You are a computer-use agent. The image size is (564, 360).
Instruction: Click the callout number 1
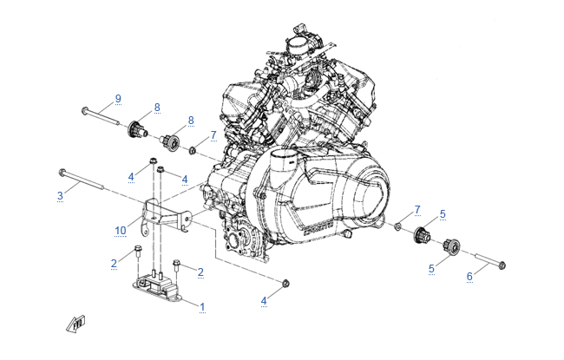(202, 307)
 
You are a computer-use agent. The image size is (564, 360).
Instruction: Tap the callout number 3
(60, 196)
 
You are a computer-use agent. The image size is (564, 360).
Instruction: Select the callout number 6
(469, 276)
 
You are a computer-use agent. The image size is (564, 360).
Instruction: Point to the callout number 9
(118, 99)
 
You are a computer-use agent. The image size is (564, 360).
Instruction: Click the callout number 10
(121, 231)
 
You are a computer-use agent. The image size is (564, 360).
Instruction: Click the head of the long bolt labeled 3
(62, 173)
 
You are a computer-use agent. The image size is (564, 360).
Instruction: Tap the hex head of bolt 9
(85, 110)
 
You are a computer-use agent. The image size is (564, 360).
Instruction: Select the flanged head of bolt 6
(502, 265)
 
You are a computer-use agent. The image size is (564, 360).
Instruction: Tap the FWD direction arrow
(75, 324)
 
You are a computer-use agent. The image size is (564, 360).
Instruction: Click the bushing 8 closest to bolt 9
(137, 129)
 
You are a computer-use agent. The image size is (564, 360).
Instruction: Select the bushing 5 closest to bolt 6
(451, 246)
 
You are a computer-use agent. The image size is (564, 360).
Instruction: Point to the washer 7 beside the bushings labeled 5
(397, 226)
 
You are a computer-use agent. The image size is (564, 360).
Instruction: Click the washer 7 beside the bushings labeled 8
(193, 149)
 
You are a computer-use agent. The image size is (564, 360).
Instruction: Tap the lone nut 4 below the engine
(285, 283)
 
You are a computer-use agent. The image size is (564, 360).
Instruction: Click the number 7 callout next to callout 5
(417, 209)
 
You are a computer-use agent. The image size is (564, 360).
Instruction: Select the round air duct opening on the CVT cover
(283, 158)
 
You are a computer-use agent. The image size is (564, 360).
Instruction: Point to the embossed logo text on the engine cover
(318, 229)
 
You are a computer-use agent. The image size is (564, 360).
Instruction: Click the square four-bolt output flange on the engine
(238, 239)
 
